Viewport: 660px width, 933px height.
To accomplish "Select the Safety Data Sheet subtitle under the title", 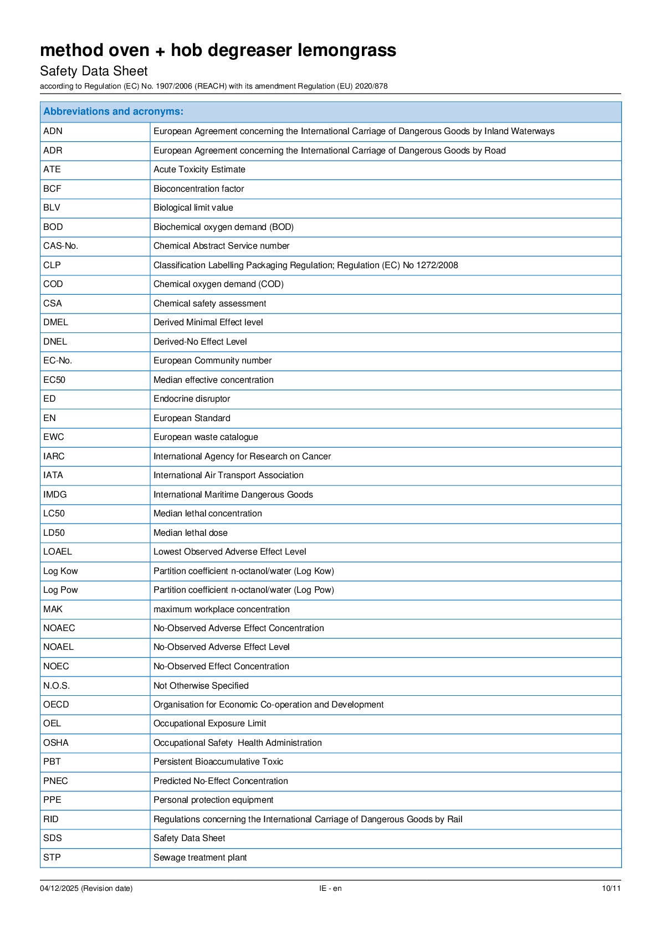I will pos(94,71).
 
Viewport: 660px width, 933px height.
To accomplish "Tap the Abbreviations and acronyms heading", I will pos(113,111).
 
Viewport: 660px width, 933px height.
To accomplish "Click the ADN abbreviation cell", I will pos(53,131).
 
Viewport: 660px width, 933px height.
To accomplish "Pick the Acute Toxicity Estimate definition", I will pos(199,170).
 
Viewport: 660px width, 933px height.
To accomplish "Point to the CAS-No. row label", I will pos(61,246).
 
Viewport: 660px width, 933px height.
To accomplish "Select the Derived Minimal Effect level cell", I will pos(208,322).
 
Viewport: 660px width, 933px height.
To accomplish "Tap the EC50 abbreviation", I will pos(54,380).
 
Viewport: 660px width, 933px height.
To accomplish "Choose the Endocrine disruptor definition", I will pos(192,399).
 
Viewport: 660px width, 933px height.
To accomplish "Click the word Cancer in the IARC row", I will pos(316,457).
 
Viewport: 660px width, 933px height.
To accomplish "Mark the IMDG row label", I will pos(55,495).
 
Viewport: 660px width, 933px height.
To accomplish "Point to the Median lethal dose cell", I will pos(190,533).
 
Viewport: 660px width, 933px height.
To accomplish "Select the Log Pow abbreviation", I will pos(60,590).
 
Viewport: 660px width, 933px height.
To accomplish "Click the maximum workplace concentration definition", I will pos(221,609).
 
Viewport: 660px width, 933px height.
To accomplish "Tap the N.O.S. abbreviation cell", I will pos(57,686).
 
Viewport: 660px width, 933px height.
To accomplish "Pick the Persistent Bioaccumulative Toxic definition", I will pos(218,762).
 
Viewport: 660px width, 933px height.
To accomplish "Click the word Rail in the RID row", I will pos(454,819).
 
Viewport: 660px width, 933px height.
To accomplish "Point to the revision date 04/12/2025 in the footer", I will pos(60,889).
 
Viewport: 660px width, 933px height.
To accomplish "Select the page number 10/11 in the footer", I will pos(611,889).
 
